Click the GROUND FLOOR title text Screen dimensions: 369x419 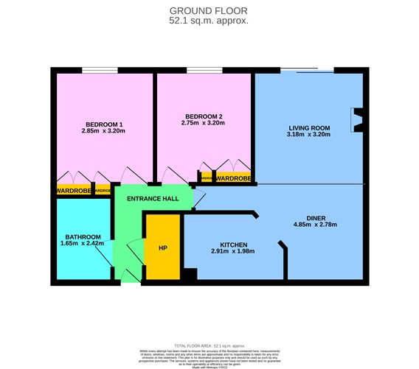point(209,10)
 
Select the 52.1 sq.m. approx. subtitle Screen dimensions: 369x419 point(209,21)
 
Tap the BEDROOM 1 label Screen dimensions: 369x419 point(104,124)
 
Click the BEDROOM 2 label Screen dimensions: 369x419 point(204,116)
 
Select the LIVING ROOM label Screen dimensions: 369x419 point(308,128)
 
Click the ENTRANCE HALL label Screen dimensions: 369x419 point(152,200)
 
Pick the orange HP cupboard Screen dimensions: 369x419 point(162,247)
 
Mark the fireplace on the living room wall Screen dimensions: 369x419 point(358,122)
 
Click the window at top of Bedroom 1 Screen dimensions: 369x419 point(99,71)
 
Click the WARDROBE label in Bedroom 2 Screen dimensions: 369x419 point(232,178)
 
